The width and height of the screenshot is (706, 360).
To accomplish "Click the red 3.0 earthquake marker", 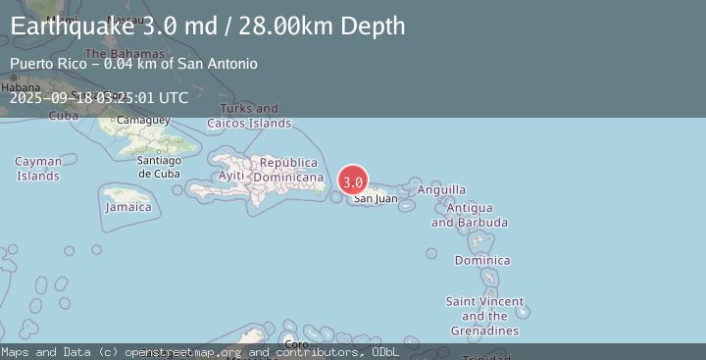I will (x=353, y=181).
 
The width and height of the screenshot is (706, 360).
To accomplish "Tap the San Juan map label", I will (x=376, y=199).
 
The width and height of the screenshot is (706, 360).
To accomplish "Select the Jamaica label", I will (x=129, y=207).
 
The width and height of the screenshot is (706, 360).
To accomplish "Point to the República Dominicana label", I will (x=289, y=170).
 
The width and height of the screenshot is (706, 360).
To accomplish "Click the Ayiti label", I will (x=231, y=176).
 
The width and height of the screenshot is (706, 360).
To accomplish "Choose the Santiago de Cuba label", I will (x=158, y=167).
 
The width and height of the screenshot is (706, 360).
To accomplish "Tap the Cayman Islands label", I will (x=38, y=169).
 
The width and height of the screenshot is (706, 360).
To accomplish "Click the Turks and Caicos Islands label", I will (x=249, y=116).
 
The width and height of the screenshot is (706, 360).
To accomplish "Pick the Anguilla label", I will (x=441, y=189).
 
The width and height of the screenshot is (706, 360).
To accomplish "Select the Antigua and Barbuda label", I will (x=470, y=216).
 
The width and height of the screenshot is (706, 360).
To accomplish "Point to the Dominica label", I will (x=482, y=260).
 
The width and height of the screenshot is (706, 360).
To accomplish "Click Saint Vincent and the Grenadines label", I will (x=484, y=316).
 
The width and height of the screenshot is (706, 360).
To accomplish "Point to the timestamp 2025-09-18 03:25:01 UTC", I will (x=99, y=97).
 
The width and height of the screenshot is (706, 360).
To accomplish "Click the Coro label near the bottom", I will (x=295, y=344).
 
